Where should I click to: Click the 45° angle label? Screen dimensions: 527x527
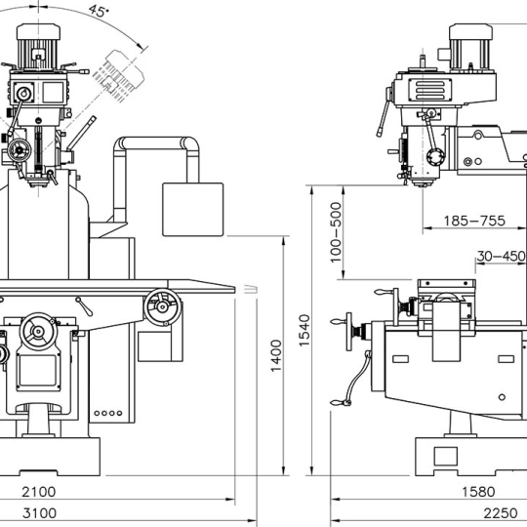[x=99, y=11]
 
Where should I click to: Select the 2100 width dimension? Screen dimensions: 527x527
[x=39, y=492]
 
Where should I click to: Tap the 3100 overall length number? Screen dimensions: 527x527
[x=39, y=513]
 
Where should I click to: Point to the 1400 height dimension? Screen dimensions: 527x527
[x=276, y=356]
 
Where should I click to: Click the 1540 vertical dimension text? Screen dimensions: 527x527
[x=304, y=331]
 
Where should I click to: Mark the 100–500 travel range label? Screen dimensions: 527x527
[x=336, y=232]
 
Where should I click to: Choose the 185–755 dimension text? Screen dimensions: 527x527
[x=474, y=221]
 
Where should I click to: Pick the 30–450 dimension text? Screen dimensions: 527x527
[x=501, y=256]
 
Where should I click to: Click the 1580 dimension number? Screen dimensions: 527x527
[x=478, y=492]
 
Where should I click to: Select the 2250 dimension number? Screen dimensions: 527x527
[x=501, y=513]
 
